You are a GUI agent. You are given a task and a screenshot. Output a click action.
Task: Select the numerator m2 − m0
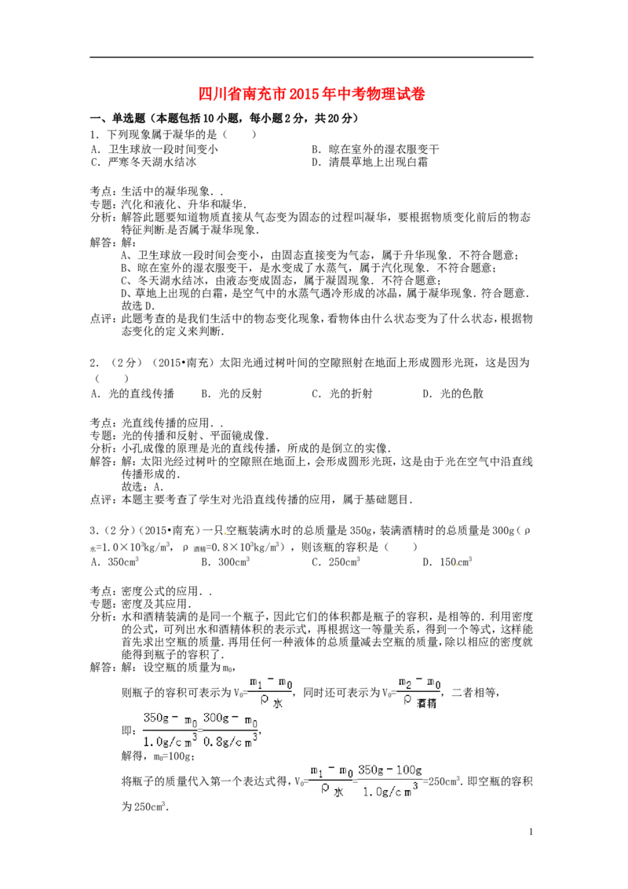click(x=420, y=682)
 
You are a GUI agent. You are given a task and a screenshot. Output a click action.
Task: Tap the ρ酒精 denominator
click(x=420, y=703)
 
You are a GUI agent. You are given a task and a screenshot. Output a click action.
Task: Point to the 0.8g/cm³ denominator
click(x=231, y=741)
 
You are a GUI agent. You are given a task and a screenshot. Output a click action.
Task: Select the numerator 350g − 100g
click(x=391, y=770)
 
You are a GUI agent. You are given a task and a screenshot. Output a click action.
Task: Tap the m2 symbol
click(x=405, y=682)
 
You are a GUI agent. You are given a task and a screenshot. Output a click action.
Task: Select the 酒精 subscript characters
click(x=428, y=704)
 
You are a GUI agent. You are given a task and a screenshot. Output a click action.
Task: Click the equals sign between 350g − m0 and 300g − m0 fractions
click(x=200, y=730)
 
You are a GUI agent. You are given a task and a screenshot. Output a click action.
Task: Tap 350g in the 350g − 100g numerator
click(x=372, y=770)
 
